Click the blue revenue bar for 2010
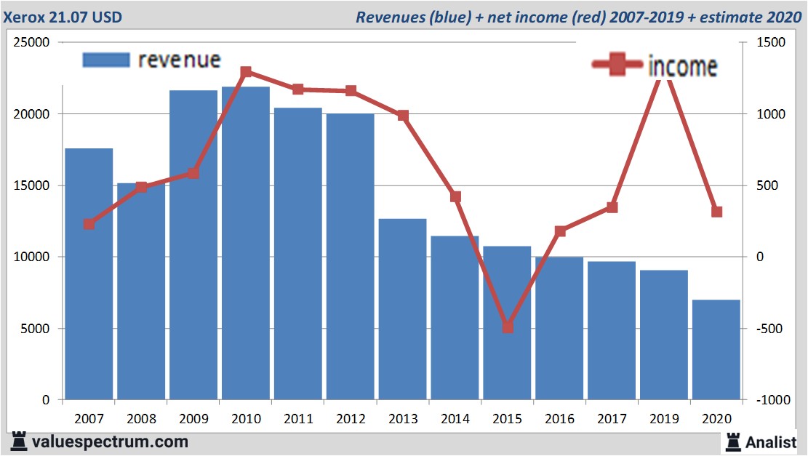[x=246, y=244]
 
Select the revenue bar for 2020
[x=716, y=349]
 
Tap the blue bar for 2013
[x=402, y=309]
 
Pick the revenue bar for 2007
[x=89, y=274]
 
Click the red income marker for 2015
[x=508, y=327]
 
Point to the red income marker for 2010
[x=246, y=72]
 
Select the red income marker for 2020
[x=716, y=212]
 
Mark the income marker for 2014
[x=455, y=197]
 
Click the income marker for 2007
[x=89, y=224]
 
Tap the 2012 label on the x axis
[x=351, y=419]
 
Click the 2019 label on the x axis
[x=664, y=419]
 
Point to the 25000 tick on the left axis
[x=33, y=43]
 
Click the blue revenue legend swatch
[x=106, y=60]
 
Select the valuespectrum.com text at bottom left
[x=109, y=441]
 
